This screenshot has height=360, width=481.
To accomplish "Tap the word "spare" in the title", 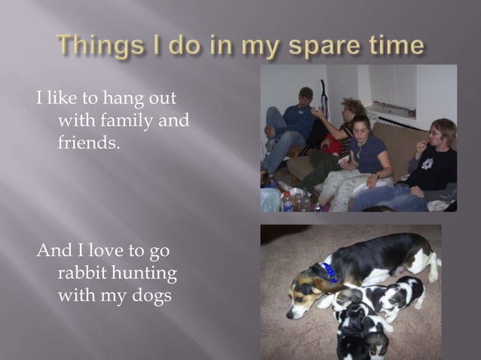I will [316, 47].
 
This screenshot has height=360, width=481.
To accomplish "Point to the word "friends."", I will [89, 141].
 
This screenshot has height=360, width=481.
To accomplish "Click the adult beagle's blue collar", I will [329, 272].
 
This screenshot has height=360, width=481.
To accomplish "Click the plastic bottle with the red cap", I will [287, 200].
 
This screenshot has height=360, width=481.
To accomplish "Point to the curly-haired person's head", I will [352, 108].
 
